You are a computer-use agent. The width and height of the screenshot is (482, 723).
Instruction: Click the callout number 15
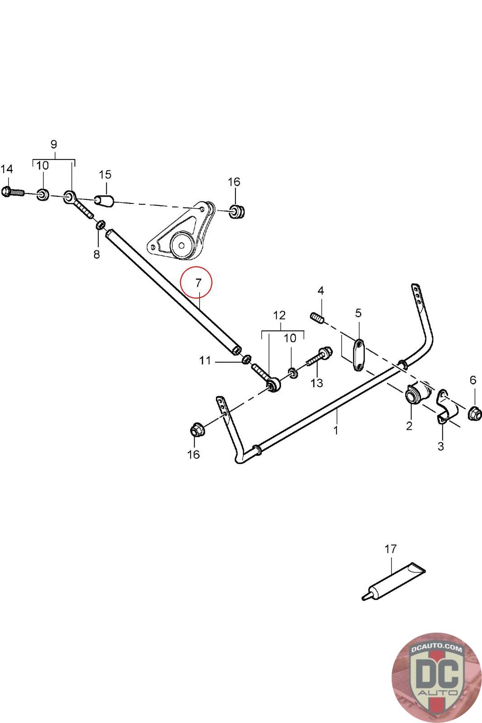pos(105,174)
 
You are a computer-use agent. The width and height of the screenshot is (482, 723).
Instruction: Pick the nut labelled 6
pos(473,412)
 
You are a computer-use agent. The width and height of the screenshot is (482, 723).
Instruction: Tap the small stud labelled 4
pos(317,318)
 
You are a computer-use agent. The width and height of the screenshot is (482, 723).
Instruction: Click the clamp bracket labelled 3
pos(445,408)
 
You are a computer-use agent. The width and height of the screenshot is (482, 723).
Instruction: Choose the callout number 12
pos(280,315)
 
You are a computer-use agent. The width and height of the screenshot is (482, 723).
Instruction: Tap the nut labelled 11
pos(246,360)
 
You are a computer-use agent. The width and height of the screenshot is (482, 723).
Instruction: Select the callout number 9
pos(54,145)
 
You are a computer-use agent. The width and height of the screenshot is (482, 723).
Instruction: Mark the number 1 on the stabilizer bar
pos(336,430)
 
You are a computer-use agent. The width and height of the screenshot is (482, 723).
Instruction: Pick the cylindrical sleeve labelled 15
pos(104,200)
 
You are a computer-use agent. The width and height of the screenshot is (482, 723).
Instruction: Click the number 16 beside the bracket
pos(234,182)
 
